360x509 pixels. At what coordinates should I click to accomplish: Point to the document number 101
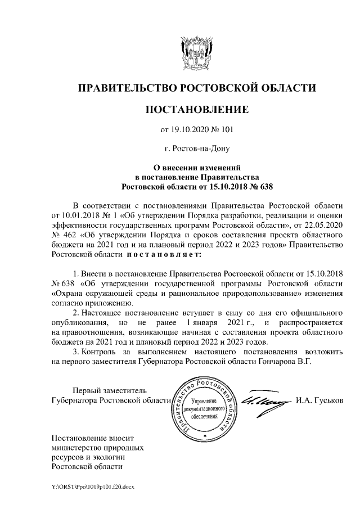tap(227, 130)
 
